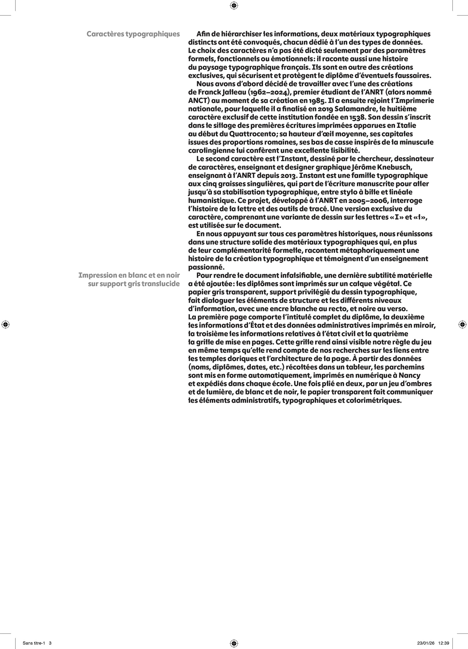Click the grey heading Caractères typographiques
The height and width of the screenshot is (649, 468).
tap(133, 34)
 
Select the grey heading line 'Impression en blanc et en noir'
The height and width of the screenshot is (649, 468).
tap(129, 276)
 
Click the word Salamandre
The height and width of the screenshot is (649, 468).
tap(340, 109)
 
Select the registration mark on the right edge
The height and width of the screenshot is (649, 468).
tap(462, 324)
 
